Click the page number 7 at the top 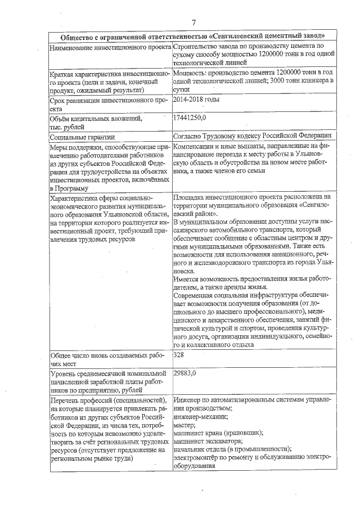[x=193, y=23]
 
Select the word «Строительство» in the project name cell [x=195, y=46]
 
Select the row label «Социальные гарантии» [x=82, y=137]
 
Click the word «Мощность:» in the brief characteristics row [x=190, y=73]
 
